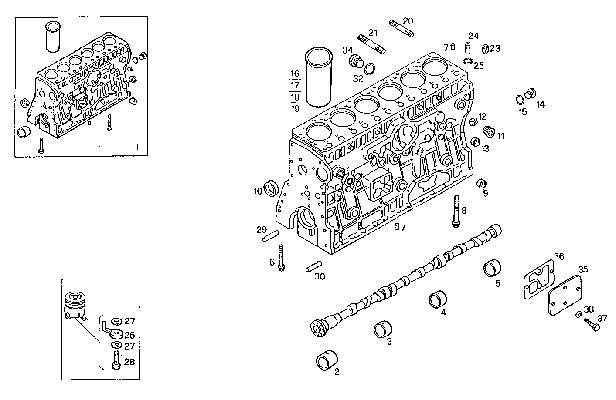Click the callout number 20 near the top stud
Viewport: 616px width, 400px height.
[x=408, y=21]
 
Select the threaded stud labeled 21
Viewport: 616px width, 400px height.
[x=371, y=45]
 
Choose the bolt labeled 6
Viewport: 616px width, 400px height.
[x=281, y=258]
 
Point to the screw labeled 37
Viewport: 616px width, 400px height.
[x=590, y=324]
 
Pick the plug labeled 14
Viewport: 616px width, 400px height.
[x=531, y=93]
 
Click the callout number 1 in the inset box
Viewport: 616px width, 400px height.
[x=137, y=147]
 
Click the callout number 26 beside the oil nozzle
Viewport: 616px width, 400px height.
[x=130, y=335]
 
